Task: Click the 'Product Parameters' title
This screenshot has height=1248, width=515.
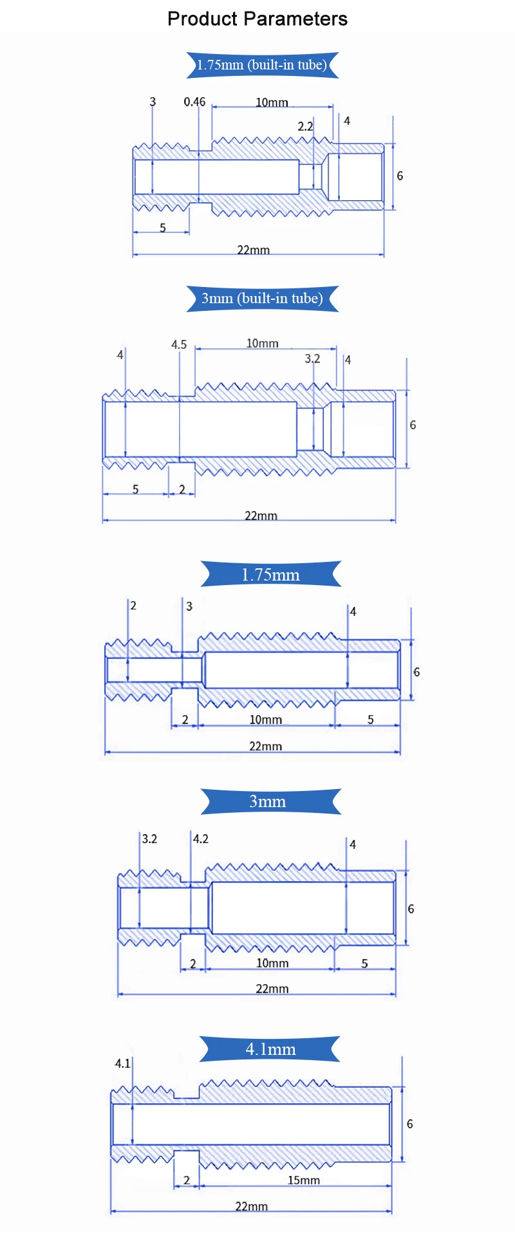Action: pos(257,19)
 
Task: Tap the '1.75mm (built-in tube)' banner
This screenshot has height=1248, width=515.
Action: pos(263,65)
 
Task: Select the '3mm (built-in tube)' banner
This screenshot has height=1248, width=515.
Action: pos(263,299)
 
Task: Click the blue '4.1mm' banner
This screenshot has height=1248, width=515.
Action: pos(270,1049)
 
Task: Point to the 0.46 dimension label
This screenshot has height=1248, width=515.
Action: pos(194,102)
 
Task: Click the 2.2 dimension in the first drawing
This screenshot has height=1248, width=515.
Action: pos(305,126)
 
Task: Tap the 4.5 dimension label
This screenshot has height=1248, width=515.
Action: pos(179,345)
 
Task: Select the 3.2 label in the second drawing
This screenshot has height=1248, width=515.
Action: pos(312,359)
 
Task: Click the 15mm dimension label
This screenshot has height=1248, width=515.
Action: pos(303,1180)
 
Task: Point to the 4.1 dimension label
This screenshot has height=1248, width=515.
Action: pos(122,1063)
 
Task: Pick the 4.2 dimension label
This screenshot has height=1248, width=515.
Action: pos(201,839)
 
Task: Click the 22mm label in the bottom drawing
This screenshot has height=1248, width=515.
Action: pos(251,1206)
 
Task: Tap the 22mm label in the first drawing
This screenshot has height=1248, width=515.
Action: pos(253,250)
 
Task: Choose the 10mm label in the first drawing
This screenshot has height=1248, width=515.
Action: pos(272,102)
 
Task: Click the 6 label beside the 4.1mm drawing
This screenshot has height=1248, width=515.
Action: pos(409,1124)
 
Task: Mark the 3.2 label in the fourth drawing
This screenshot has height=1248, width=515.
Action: pos(149,839)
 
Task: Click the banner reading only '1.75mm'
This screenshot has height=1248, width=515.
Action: pos(270,574)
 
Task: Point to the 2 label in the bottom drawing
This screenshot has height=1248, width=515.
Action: pos(187,1180)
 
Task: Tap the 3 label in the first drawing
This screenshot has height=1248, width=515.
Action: pos(153,102)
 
